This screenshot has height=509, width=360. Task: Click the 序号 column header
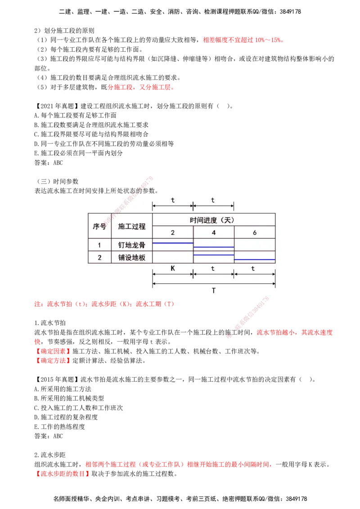click(99, 226)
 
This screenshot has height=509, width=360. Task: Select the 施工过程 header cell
click(132, 226)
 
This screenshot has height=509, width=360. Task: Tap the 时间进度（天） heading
click(214, 220)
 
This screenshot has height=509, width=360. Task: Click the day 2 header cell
click(173, 233)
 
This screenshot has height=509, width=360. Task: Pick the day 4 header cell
click(214, 233)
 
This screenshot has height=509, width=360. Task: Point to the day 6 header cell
click(255, 233)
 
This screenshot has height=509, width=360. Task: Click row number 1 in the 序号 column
click(99, 245)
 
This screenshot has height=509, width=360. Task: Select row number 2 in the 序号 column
click(99, 257)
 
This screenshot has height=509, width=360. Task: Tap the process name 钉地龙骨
click(132, 245)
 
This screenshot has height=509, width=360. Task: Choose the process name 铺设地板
click(132, 257)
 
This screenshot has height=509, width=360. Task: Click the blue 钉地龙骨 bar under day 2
click(173, 243)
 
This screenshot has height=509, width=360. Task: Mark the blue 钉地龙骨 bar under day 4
click(214, 247)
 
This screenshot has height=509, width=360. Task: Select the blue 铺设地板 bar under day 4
click(214, 255)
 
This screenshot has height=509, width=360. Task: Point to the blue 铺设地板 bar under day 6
click(255, 259)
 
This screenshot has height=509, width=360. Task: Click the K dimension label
click(173, 268)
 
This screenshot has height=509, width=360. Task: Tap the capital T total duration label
click(214, 290)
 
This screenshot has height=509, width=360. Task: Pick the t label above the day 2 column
click(173, 200)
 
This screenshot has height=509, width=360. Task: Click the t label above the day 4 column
click(213, 200)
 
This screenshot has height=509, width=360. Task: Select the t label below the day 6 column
click(253, 268)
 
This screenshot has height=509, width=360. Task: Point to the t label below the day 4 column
click(213, 268)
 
